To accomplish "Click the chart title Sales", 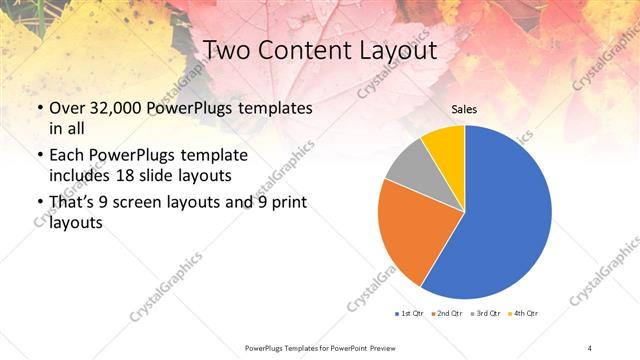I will [464, 108].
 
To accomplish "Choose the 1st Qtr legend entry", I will [409, 314].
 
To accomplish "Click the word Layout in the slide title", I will [392, 50].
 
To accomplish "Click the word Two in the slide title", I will [226, 50].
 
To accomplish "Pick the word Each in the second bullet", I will [67, 156].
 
